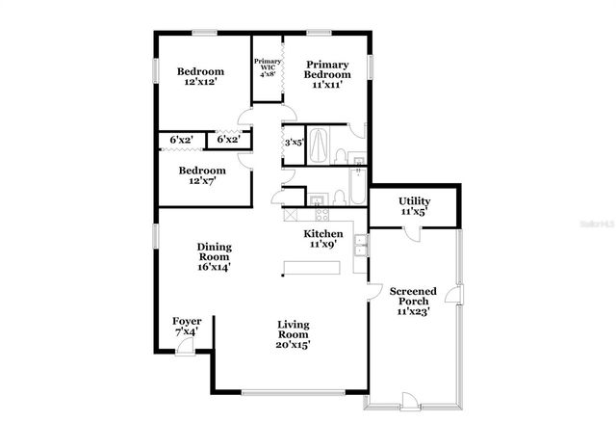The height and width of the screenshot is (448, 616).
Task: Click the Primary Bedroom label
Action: [x=327, y=74]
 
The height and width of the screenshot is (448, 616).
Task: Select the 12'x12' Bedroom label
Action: [x=200, y=77]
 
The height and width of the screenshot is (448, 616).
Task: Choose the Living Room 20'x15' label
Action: [x=294, y=333]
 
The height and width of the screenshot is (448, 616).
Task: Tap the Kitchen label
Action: [x=323, y=240]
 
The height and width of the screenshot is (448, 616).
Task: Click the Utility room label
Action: [x=414, y=205]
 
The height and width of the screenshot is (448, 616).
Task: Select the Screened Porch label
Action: [x=413, y=301]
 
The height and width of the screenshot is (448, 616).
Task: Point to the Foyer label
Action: [x=186, y=326]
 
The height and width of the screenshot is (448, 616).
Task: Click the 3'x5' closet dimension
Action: [x=294, y=143]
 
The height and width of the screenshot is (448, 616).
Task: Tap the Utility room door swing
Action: [x=412, y=232]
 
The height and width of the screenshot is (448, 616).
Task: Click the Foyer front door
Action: [x=184, y=350]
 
